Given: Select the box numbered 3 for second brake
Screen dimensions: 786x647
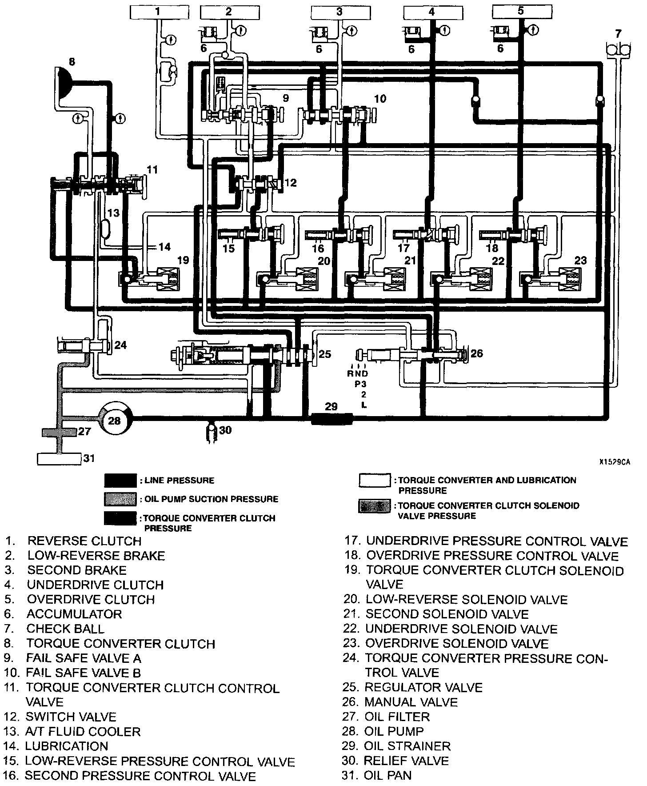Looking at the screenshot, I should (x=339, y=12).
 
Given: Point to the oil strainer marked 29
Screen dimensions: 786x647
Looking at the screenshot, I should (x=332, y=418).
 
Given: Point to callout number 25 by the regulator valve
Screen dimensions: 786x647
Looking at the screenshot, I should (x=325, y=354).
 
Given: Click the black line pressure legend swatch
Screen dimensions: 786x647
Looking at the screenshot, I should (x=120, y=481).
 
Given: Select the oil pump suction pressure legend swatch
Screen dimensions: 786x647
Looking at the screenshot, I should (x=120, y=499).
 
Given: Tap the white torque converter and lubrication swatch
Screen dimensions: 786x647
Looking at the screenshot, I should (x=375, y=481).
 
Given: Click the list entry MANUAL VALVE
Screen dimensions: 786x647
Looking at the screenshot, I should (x=411, y=702).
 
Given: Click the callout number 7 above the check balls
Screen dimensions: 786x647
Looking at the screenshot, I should (x=619, y=33).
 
